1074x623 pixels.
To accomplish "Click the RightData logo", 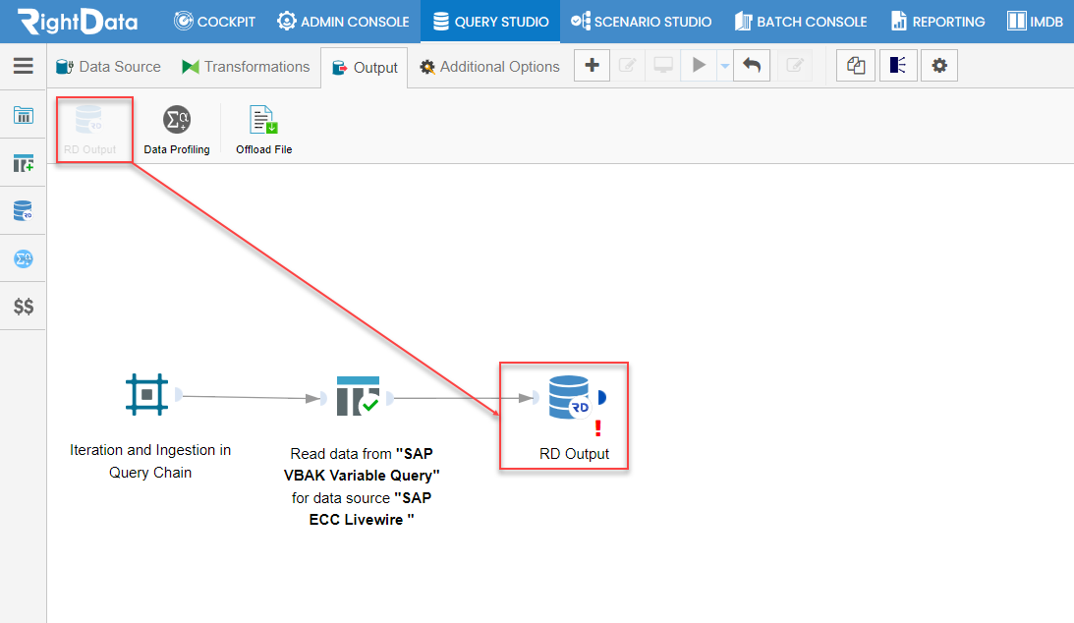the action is pos(78,22).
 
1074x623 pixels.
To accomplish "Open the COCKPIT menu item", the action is pos(214,22).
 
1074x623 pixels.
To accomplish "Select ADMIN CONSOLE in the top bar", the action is pos(343,22).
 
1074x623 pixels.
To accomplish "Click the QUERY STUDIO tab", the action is pos(491,22).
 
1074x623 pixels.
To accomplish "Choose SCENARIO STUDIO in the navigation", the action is pos(641,22).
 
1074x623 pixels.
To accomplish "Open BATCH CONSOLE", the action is pos(801,22).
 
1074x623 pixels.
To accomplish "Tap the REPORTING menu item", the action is pos(937,22).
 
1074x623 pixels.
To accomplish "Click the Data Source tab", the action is pos(108,67).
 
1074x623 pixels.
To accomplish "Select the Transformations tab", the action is pos(246,67).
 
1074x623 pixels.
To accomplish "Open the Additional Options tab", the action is pos(489,67).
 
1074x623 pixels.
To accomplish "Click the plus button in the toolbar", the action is pos(592,66).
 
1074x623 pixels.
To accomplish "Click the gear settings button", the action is pos(939,66).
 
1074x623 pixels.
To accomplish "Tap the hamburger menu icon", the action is pos(24,65).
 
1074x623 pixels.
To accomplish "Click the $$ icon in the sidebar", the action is pos(24,306).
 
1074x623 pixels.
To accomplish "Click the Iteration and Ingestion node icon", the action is pos(146,395).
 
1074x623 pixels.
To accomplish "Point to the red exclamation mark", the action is pos(598,427).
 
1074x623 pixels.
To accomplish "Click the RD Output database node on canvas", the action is pos(569,398).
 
